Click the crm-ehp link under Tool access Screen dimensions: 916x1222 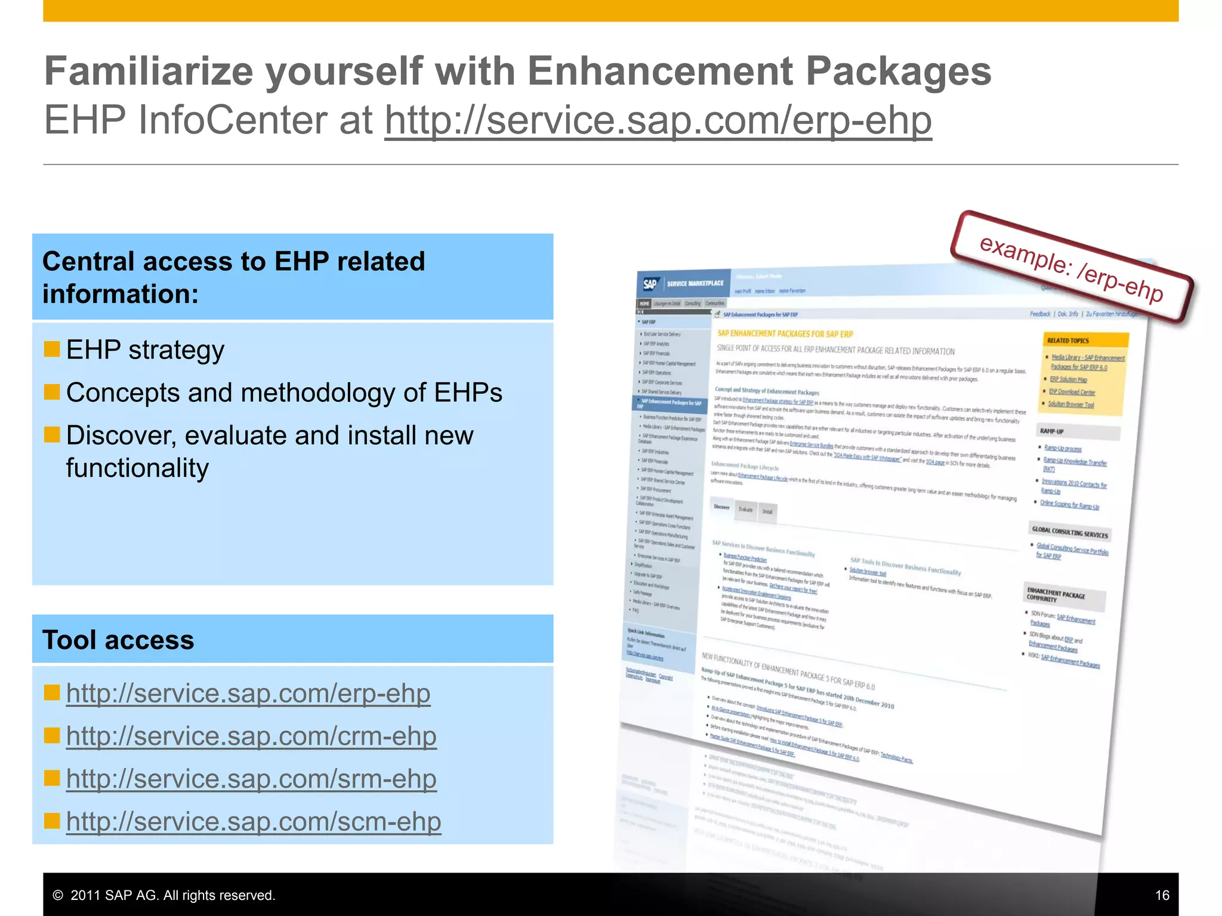(x=251, y=736)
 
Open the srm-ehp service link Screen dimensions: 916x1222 (x=251, y=779)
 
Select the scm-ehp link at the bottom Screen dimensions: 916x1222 (x=254, y=822)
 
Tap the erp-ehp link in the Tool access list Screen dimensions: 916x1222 (x=248, y=694)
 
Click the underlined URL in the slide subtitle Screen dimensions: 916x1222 (x=658, y=120)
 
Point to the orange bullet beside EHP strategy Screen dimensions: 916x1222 (x=52, y=349)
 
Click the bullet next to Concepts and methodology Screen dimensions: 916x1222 (x=52, y=392)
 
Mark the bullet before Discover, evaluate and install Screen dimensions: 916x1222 (x=52, y=435)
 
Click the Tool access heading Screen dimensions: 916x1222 (x=118, y=640)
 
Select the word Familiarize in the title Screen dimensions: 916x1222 (x=150, y=72)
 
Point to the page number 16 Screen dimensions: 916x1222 (x=1162, y=895)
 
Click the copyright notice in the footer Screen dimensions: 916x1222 (x=163, y=895)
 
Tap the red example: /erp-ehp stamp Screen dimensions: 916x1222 (x=1071, y=268)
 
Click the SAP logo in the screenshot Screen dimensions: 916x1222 (x=650, y=284)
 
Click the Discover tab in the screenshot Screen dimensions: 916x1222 (x=721, y=507)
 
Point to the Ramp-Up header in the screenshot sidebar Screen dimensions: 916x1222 (x=1052, y=431)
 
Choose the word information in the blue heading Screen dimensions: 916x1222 (x=120, y=294)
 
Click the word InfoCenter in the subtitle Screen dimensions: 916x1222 (x=234, y=120)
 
